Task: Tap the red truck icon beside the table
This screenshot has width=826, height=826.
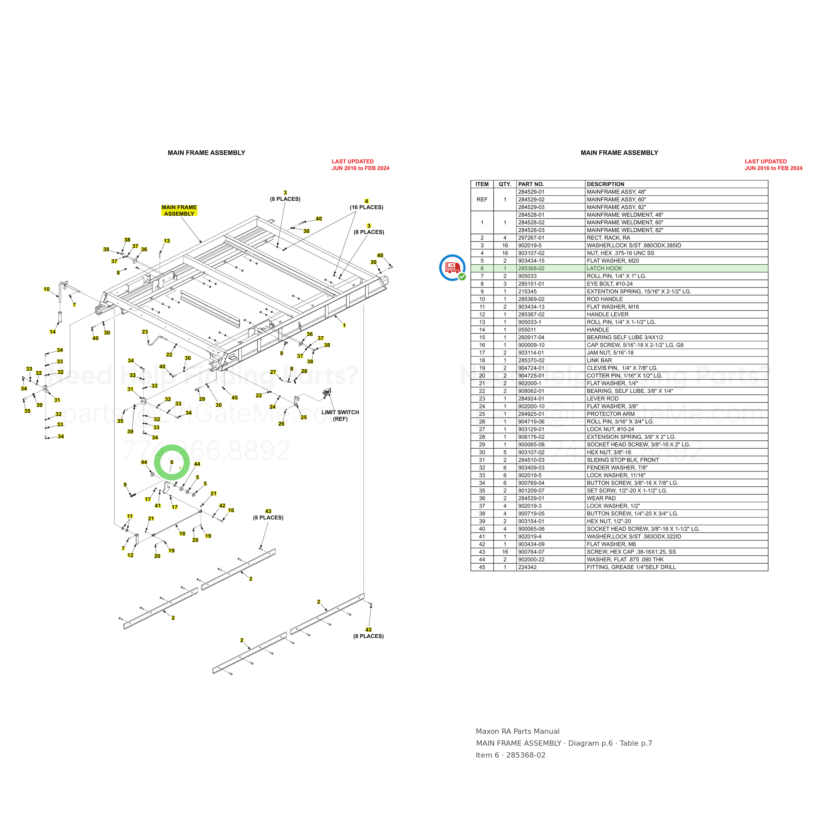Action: pos(452,268)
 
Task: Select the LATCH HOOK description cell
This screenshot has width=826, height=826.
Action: pos(604,269)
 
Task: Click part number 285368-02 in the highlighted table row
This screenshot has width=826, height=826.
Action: pos(531,269)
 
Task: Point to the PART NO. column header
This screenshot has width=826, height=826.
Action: pos(531,184)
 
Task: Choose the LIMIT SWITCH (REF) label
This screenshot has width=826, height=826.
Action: pos(340,416)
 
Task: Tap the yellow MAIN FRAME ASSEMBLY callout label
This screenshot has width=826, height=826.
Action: pos(179,210)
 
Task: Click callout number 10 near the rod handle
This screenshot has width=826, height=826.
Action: pos(47,289)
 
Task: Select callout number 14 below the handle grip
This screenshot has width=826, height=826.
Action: pos(53,332)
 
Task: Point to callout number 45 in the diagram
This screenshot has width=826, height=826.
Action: pos(235,397)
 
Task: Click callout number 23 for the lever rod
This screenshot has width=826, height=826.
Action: pos(145,332)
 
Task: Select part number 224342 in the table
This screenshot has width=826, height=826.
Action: pos(527,567)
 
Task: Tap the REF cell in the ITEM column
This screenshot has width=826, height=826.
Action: pos(482,200)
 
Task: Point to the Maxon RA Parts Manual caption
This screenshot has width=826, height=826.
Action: pos(517,732)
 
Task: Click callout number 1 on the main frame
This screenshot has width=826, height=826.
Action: pos(344,325)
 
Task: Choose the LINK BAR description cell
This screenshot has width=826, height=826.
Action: pos(599,360)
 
